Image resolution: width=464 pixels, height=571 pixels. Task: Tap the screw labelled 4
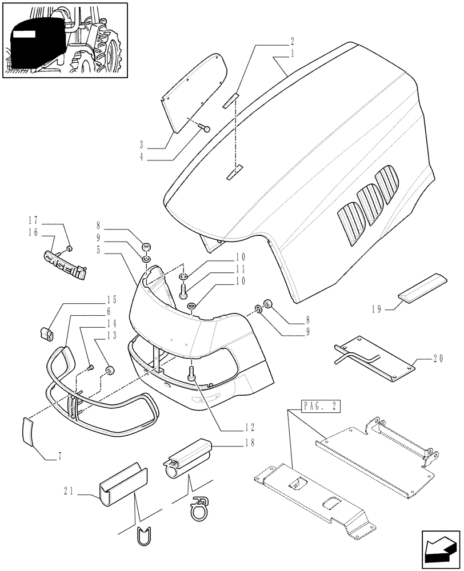click(x=206, y=129)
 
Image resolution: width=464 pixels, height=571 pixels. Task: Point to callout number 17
click(x=33, y=219)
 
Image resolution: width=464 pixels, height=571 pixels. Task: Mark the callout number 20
click(x=438, y=360)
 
